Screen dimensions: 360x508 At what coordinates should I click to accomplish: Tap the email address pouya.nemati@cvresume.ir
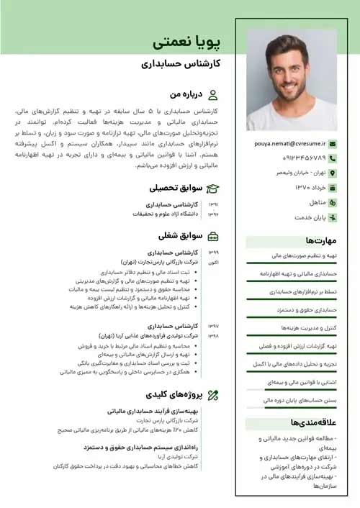290,144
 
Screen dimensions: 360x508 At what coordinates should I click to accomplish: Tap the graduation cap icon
213,189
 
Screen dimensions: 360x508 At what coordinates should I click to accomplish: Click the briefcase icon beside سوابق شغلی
213,236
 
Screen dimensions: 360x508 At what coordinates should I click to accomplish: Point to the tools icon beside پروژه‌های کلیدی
213,394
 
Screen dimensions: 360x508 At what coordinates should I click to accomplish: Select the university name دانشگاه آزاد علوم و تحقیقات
165,214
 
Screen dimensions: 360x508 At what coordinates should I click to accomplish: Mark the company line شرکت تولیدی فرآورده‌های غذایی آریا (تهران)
157,335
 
